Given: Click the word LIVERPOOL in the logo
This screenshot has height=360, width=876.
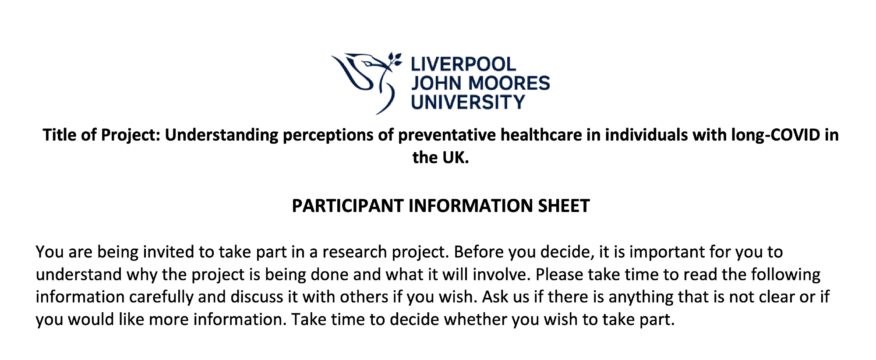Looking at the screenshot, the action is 463,65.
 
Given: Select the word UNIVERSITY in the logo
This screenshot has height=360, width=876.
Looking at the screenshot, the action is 468,102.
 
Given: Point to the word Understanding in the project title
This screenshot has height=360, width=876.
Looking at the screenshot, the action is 221,135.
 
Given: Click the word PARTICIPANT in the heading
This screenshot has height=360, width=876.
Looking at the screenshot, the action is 348,206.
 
